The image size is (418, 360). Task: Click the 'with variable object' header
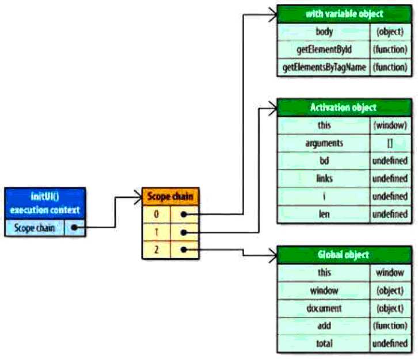click(x=344, y=14)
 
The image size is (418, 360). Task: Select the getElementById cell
click(x=324, y=49)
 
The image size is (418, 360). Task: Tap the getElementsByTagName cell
click(x=324, y=67)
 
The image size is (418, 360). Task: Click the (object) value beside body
click(x=390, y=32)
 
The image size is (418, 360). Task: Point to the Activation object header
click(x=344, y=108)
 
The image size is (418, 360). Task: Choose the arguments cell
click(x=324, y=143)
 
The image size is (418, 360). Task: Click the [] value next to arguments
click(x=390, y=143)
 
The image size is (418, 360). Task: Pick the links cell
click(x=324, y=179)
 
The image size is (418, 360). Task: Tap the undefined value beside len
click(x=390, y=215)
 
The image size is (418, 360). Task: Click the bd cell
click(x=324, y=161)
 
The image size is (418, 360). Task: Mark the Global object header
click(x=344, y=254)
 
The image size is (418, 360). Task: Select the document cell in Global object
click(x=324, y=308)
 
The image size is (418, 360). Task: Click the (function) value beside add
click(x=390, y=326)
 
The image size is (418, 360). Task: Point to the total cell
click(x=324, y=344)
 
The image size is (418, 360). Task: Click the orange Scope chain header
click(x=171, y=197)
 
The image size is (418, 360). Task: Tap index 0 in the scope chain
click(x=157, y=215)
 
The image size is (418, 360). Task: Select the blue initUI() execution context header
click(x=45, y=204)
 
